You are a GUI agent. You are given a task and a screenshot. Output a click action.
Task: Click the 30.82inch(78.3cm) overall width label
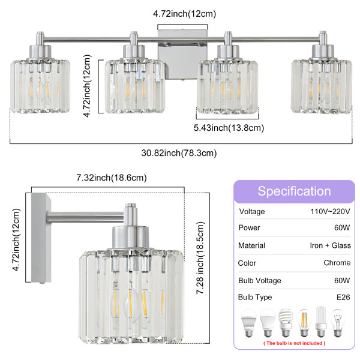tap(179, 153)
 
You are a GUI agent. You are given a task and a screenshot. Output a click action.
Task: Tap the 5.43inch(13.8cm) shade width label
tap(229, 128)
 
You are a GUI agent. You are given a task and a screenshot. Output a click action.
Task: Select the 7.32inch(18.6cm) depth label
tap(112, 178)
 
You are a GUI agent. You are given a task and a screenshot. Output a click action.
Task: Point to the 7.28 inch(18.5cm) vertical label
tap(200, 258)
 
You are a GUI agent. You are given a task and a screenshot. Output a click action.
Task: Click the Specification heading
tap(294, 191)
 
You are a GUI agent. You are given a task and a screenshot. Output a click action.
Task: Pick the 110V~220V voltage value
tap(330, 211)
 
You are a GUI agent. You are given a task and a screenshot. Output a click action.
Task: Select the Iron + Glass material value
tap(330, 245)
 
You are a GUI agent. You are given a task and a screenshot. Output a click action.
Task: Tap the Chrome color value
tap(337, 263)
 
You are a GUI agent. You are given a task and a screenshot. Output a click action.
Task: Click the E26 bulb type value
tap(343, 298)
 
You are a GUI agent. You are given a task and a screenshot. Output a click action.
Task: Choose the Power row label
tap(249, 227)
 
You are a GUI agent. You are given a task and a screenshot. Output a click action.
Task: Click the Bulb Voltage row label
tap(260, 280)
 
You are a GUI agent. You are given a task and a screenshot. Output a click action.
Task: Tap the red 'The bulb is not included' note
tap(295, 343)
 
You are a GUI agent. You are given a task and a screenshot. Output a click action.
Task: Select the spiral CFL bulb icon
tap(286, 323)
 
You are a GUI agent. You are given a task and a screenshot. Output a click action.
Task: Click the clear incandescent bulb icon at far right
tap(337, 323)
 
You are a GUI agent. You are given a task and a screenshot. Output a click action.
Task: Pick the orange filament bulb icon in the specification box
tap(304, 323)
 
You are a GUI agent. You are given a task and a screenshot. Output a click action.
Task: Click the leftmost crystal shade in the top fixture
tap(40, 86)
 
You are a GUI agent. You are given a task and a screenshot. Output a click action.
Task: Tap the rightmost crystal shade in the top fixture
tap(322, 86)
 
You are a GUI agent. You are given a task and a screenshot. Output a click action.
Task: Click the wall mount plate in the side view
tap(41, 238)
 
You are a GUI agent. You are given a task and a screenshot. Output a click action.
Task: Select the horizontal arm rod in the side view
tap(85, 217)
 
